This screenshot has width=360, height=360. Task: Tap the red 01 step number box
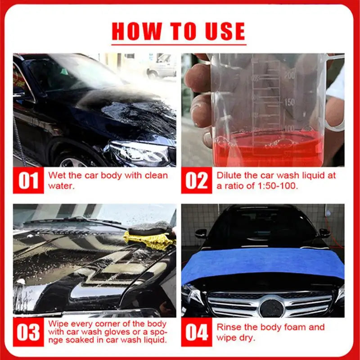[x=28, y=180]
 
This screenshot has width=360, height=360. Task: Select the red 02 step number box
[x=197, y=180]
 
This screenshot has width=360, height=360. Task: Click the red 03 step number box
[x=28, y=332]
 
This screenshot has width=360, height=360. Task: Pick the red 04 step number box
[x=197, y=332]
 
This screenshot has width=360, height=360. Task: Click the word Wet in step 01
[x=56, y=175]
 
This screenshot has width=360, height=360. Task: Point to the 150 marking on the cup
[x=289, y=102]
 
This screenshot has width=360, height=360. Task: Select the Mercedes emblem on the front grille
[x=272, y=308]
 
